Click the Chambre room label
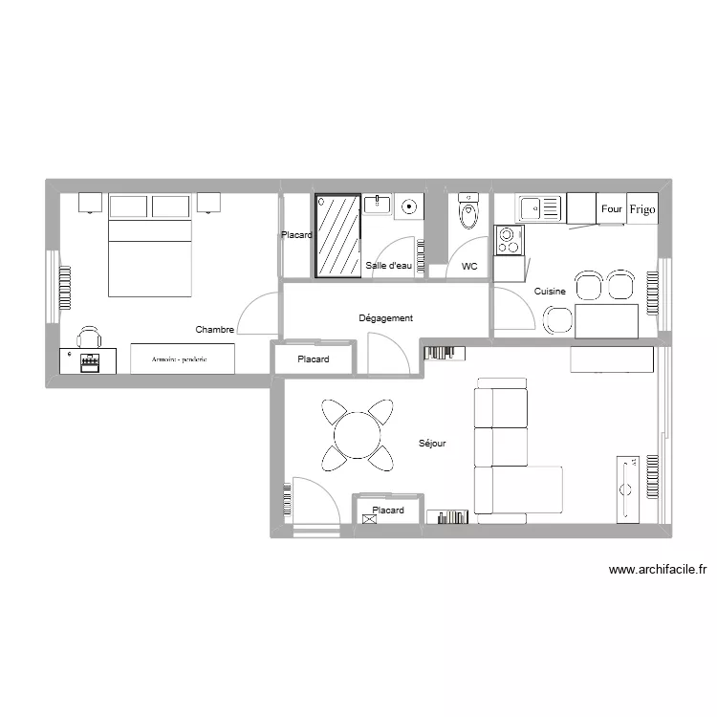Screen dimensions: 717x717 [215, 329]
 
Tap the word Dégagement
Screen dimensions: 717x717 [385, 318]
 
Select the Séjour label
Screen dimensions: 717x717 [432, 444]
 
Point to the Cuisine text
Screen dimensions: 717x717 [550, 292]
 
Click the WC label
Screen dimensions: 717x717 [469, 267]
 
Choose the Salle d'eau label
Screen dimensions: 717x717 [389, 266]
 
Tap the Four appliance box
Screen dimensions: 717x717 [612, 208]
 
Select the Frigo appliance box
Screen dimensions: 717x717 [642, 208]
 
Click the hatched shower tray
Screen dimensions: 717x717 [337, 235]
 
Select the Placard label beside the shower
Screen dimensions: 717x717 [296, 235]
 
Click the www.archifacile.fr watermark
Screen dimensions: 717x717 [657, 571]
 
